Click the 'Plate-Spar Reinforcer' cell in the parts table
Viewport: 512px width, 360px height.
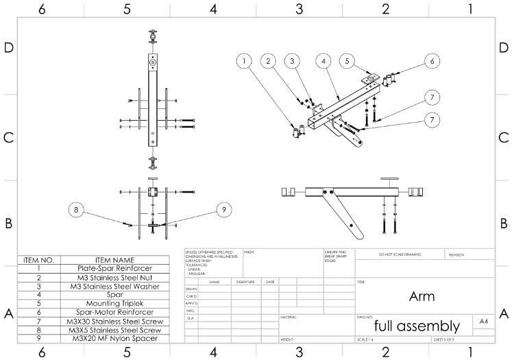114,269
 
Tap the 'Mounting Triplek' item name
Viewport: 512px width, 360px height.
114,302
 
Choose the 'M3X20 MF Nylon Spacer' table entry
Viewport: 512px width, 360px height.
114,337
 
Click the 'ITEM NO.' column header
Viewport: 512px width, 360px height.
38,260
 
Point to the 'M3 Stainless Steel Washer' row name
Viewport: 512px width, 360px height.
114,286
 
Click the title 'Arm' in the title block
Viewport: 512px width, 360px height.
422,297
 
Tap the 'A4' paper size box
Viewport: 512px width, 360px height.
483,321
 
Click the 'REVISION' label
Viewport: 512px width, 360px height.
456,254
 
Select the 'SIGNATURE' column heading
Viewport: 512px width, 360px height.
245,281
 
